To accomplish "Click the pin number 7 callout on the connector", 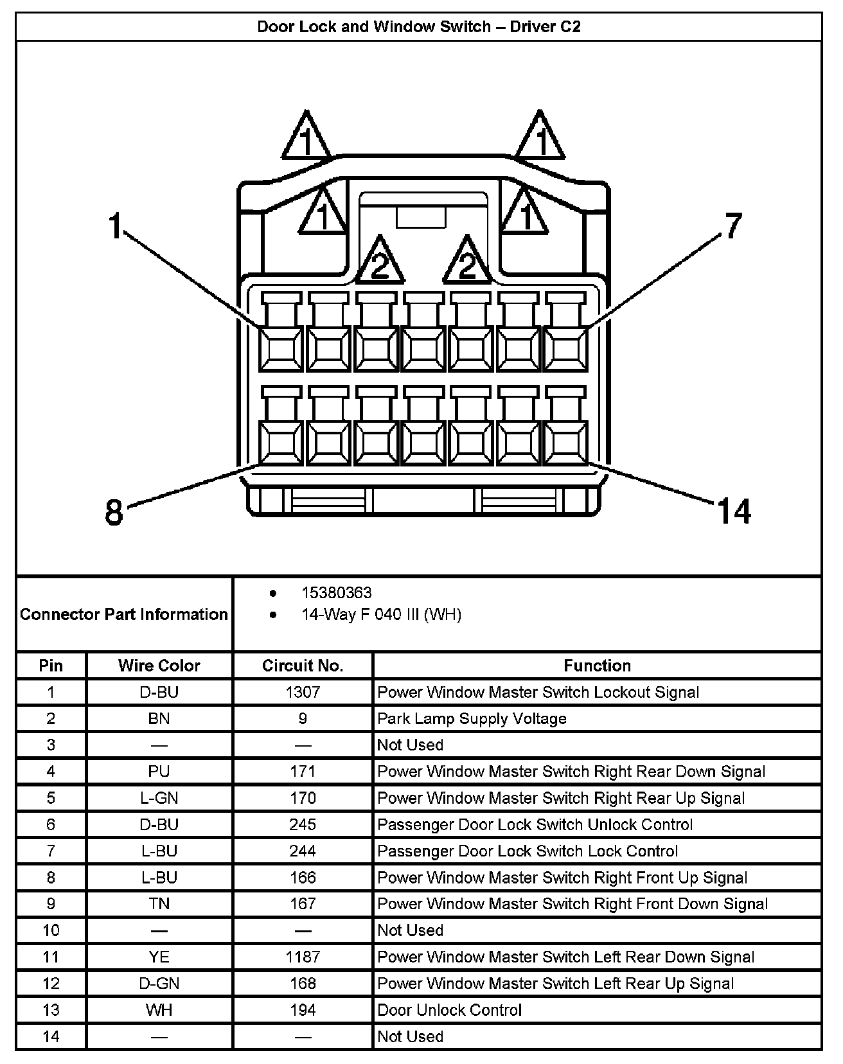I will point(733,226).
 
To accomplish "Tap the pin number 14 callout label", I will point(733,511).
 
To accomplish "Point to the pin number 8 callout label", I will point(114,513).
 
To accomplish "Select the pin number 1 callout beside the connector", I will point(116,227).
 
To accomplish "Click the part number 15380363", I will point(336,593).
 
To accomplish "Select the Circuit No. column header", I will point(303,666).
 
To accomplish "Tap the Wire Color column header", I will point(159,666).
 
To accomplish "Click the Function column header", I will point(597,666).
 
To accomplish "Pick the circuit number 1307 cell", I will point(303,692).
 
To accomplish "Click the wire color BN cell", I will point(159,718).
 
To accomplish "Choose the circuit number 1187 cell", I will point(303,957).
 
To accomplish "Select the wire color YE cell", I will point(159,957).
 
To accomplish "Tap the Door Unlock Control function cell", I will point(450,1010).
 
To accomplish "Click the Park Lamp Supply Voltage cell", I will point(472,718).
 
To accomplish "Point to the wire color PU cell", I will point(159,771).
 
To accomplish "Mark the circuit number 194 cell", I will point(303,1010).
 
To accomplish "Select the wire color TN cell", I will point(159,904).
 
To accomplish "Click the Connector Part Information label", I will point(124,614).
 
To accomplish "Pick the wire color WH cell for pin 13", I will point(159,1010).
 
